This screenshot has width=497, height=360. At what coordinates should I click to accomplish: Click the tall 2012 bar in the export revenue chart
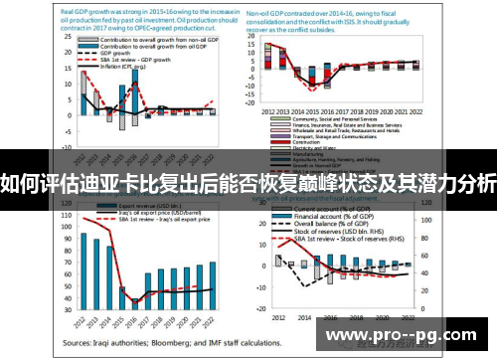(x=83, y=270)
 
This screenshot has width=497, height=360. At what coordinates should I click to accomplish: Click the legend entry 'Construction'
(x=298, y=140)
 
